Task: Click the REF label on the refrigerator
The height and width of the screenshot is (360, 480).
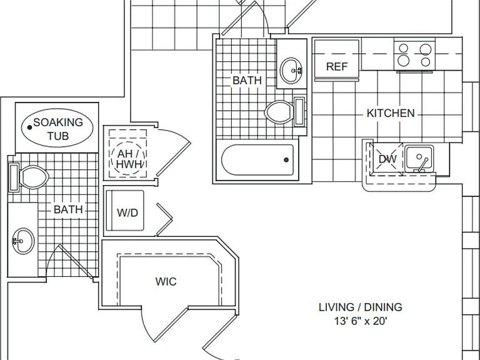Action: click(x=337, y=66)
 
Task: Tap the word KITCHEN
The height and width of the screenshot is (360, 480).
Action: click(x=391, y=113)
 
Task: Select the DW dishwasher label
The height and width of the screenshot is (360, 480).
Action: click(x=387, y=159)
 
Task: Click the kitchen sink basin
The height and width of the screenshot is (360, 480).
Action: click(x=419, y=159)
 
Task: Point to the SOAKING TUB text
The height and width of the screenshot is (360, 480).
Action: click(x=58, y=129)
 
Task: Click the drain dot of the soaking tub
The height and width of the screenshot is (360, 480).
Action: click(x=30, y=127)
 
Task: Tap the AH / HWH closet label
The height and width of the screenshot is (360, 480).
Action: click(x=129, y=159)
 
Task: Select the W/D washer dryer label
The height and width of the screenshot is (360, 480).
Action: click(x=127, y=212)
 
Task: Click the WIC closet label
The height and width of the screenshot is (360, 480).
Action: click(x=166, y=282)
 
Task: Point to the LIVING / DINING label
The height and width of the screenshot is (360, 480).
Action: click(x=360, y=307)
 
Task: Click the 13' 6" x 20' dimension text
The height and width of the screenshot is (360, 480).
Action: click(x=361, y=321)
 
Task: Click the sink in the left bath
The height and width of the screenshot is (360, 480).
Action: click(x=23, y=241)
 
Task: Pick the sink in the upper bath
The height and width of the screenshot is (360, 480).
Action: click(x=291, y=71)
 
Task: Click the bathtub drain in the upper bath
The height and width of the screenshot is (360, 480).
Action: click(x=286, y=160)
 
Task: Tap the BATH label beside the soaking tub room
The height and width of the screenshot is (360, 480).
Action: click(x=68, y=210)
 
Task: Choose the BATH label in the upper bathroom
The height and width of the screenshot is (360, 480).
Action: click(x=247, y=81)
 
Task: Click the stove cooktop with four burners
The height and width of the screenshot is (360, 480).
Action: click(x=414, y=55)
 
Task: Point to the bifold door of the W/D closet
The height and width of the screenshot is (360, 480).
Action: click(x=165, y=219)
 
